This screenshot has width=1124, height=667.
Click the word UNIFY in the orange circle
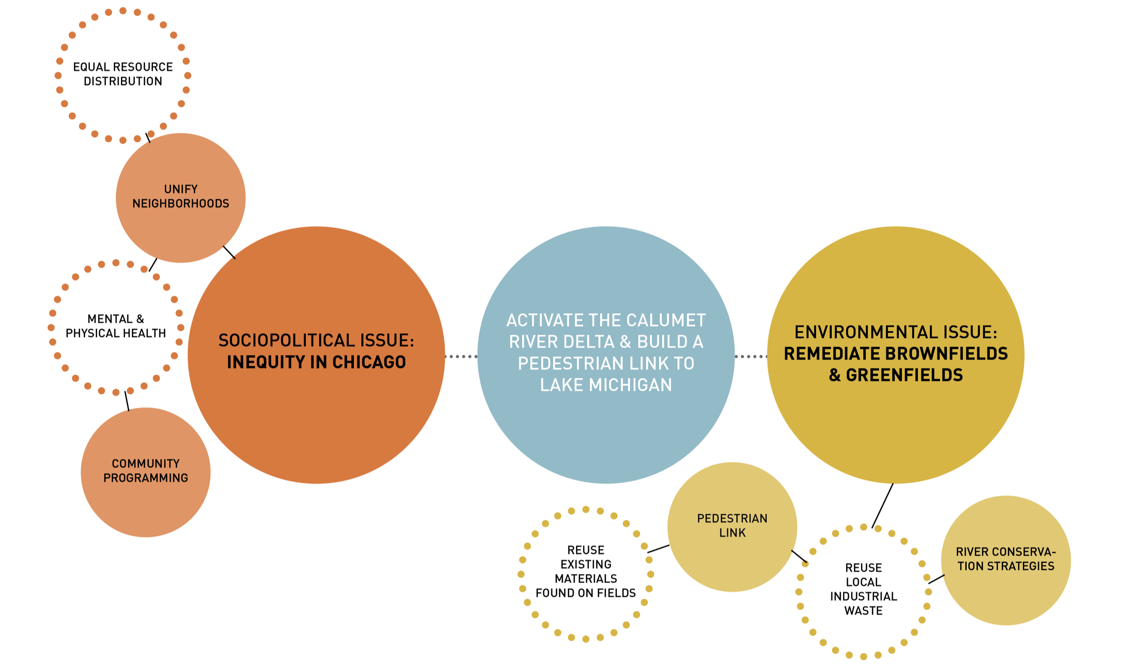coord(181,189)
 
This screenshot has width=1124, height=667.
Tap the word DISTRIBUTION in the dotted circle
coord(123,81)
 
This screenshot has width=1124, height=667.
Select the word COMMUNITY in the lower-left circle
coord(146,463)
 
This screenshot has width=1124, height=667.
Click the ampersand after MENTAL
coord(140,319)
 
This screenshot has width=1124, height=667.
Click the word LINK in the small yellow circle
coord(732,533)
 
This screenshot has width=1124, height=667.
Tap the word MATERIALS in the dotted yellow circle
coord(586,579)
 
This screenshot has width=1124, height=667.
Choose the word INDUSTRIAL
coord(864,596)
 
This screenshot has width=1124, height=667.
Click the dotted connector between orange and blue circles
coord(461,356)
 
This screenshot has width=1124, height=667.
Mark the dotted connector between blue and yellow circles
coord(751,356)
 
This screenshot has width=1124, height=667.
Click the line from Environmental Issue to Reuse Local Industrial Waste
coord(882,506)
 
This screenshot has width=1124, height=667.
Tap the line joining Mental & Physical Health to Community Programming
coord(127,401)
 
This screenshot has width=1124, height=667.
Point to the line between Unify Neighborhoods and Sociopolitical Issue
coord(229,252)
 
